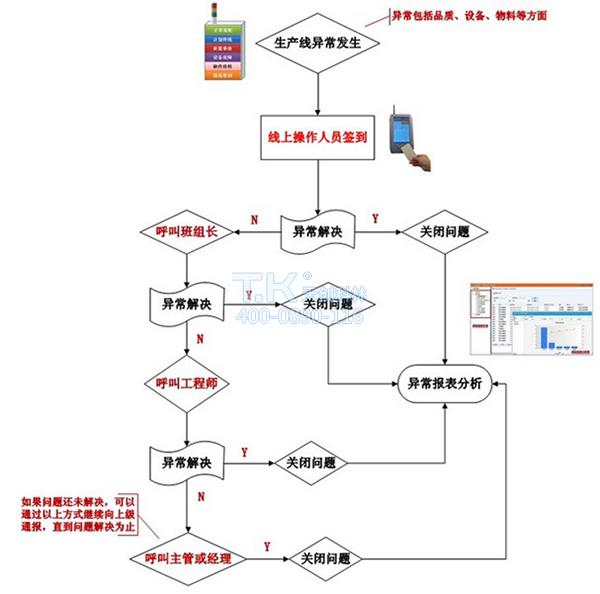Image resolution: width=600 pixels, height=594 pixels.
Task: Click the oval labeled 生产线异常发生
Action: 316,44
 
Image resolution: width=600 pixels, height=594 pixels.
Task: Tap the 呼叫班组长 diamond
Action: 187,232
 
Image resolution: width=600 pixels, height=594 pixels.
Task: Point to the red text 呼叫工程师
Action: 187,384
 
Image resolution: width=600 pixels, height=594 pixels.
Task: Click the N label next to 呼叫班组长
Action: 254,218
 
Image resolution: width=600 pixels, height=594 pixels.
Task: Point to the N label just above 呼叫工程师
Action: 200,339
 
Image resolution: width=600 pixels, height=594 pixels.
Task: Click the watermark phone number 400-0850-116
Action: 300,316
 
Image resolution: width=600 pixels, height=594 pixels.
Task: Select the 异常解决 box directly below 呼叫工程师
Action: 187,463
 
